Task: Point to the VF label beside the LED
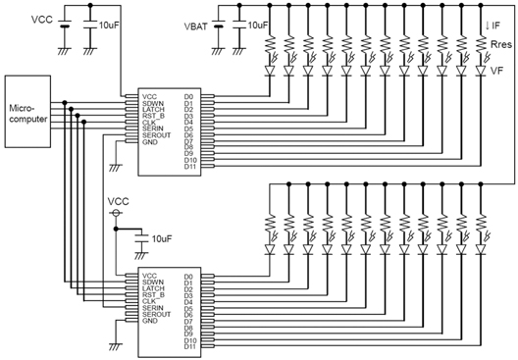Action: tap(498, 70)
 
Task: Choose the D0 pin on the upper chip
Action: tap(187, 96)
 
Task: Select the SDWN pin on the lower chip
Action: tap(154, 282)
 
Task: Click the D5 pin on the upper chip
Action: tap(187, 129)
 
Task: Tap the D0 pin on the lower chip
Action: tap(187, 276)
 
